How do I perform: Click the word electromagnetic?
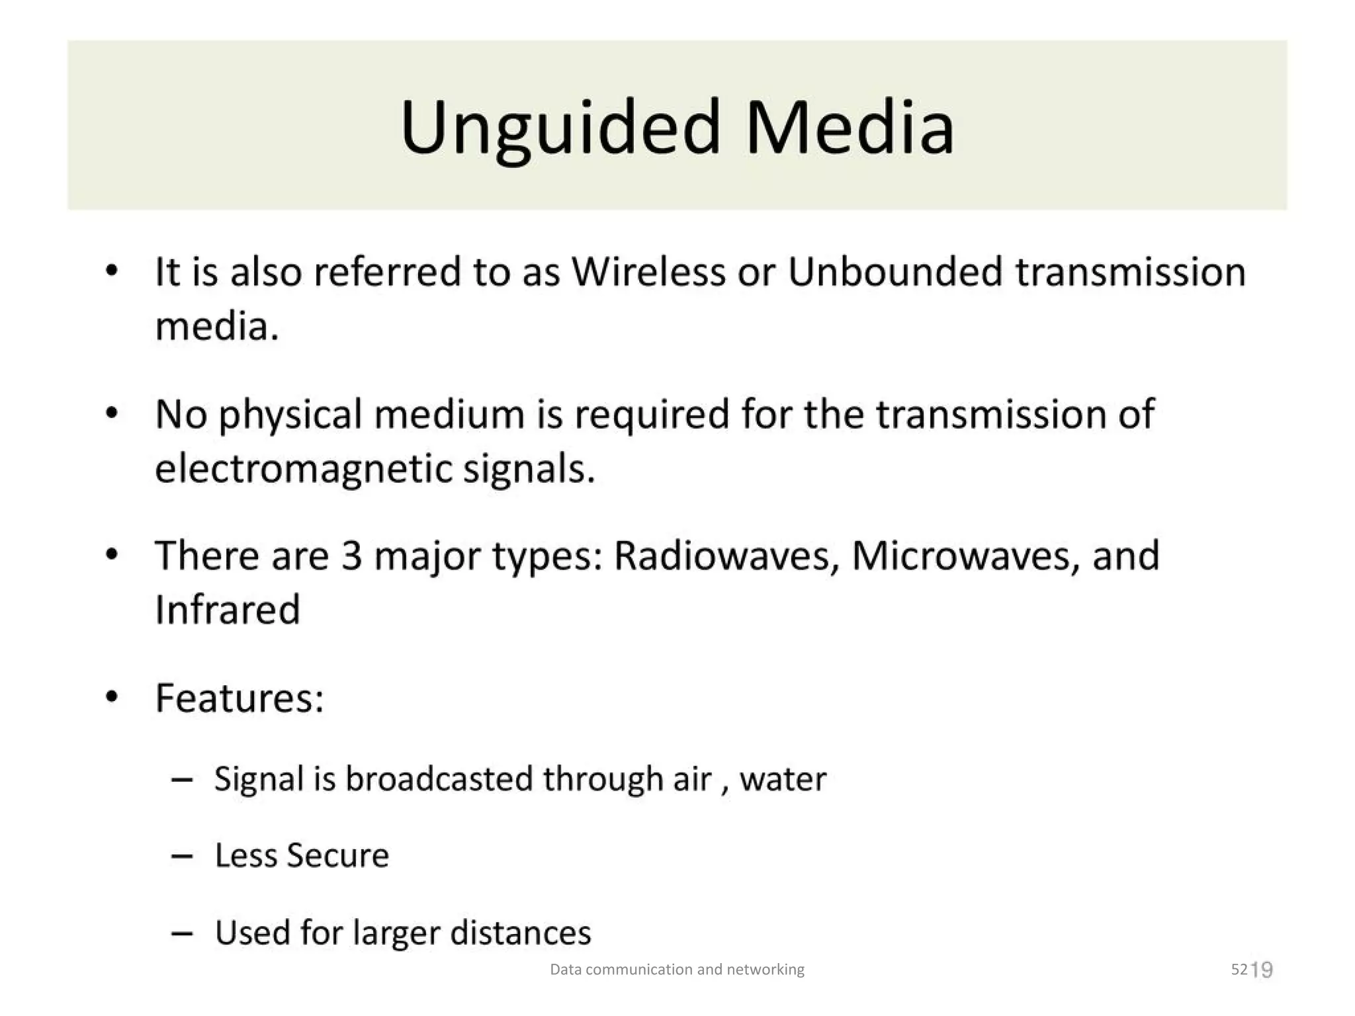point(302,469)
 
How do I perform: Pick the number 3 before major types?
point(351,556)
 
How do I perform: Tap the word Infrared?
point(228,609)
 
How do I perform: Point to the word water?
point(783,779)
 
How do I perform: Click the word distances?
point(520,933)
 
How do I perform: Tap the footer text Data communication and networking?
point(677,970)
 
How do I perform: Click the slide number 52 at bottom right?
point(1239,970)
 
